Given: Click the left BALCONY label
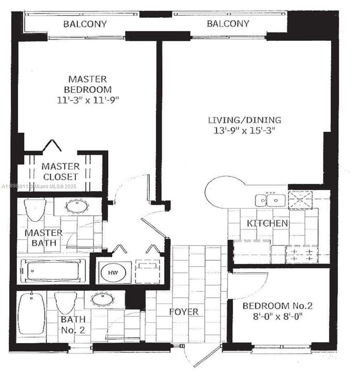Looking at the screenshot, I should (85, 24).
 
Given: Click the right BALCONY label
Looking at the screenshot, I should (228, 24).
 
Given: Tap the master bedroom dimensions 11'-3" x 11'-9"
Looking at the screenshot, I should (88, 99).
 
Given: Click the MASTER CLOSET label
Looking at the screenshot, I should (60, 172).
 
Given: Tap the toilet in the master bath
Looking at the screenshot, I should (35, 209).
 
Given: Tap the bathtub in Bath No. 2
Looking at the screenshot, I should (32, 314).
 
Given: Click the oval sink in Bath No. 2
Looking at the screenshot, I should (102, 299).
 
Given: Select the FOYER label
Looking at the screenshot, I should (184, 312).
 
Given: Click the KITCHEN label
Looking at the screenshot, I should (267, 223).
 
